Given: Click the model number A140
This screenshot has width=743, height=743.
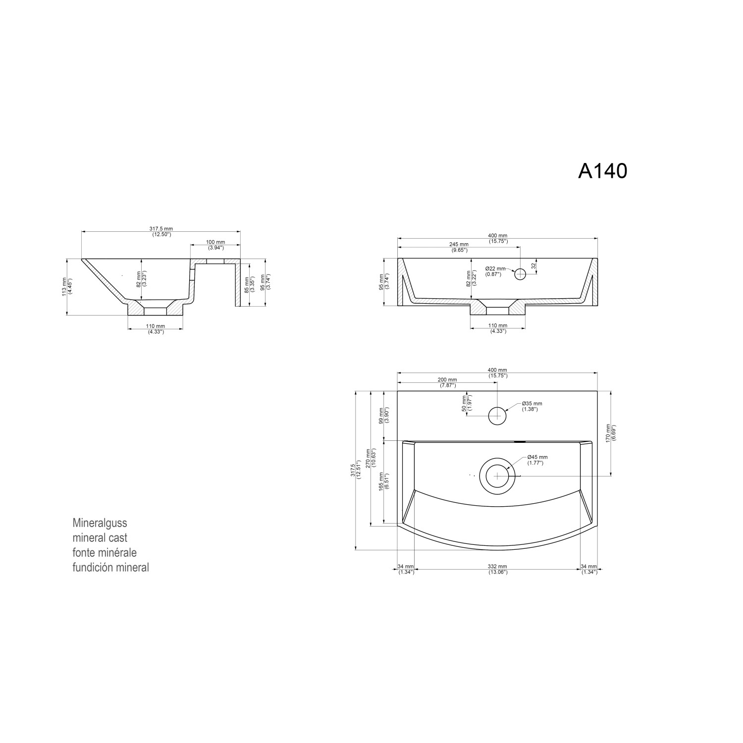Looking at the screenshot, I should (x=602, y=171).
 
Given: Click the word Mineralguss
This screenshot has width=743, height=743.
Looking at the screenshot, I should (x=100, y=523).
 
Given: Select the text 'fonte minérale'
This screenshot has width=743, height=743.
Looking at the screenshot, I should (x=105, y=552).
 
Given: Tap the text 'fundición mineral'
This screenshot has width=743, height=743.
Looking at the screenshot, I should (x=110, y=568).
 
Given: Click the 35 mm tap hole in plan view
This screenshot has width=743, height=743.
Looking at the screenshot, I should (x=497, y=416).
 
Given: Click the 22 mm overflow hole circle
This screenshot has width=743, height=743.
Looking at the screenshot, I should (x=520, y=274).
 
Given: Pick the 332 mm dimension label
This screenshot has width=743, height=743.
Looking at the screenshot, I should (x=497, y=569).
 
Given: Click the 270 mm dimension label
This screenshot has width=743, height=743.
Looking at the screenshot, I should (x=368, y=458).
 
